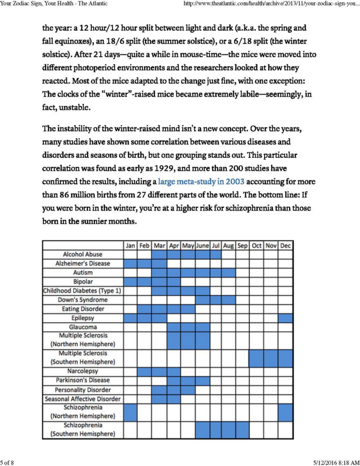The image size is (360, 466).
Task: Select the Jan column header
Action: (130, 246)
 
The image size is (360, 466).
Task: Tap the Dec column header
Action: (285, 246)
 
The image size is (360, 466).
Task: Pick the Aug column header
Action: (228, 246)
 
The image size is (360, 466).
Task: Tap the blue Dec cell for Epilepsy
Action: (285, 318)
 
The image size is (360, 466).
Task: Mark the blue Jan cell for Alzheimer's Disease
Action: (130, 264)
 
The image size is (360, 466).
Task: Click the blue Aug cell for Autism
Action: (228, 273)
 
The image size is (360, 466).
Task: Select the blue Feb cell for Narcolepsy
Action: (144, 372)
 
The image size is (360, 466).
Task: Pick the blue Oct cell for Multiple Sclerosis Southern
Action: (256, 358)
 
